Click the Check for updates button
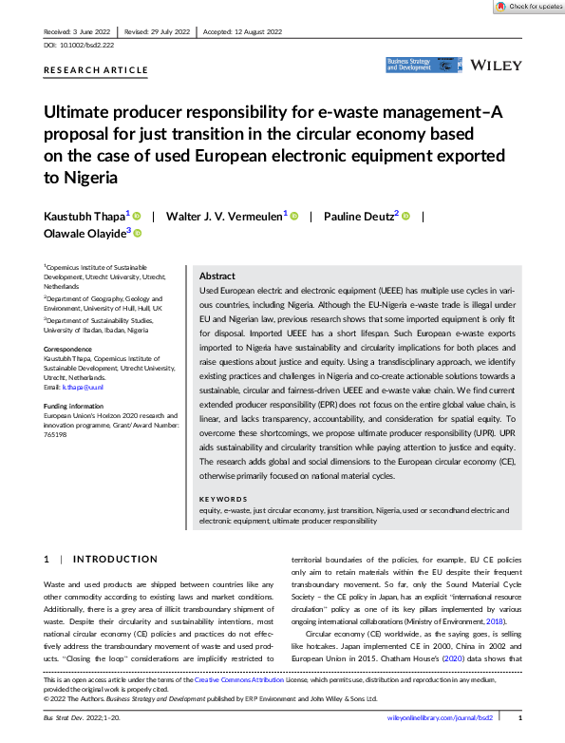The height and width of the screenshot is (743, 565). tap(528, 7)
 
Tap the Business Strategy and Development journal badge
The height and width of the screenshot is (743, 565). tap(411, 65)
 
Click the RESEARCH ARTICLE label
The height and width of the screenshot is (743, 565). tap(96, 70)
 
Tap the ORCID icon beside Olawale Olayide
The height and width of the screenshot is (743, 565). tap(137, 233)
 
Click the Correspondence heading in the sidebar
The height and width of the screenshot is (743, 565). tap(69, 350)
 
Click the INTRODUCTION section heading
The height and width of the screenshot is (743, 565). tap(115, 559)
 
